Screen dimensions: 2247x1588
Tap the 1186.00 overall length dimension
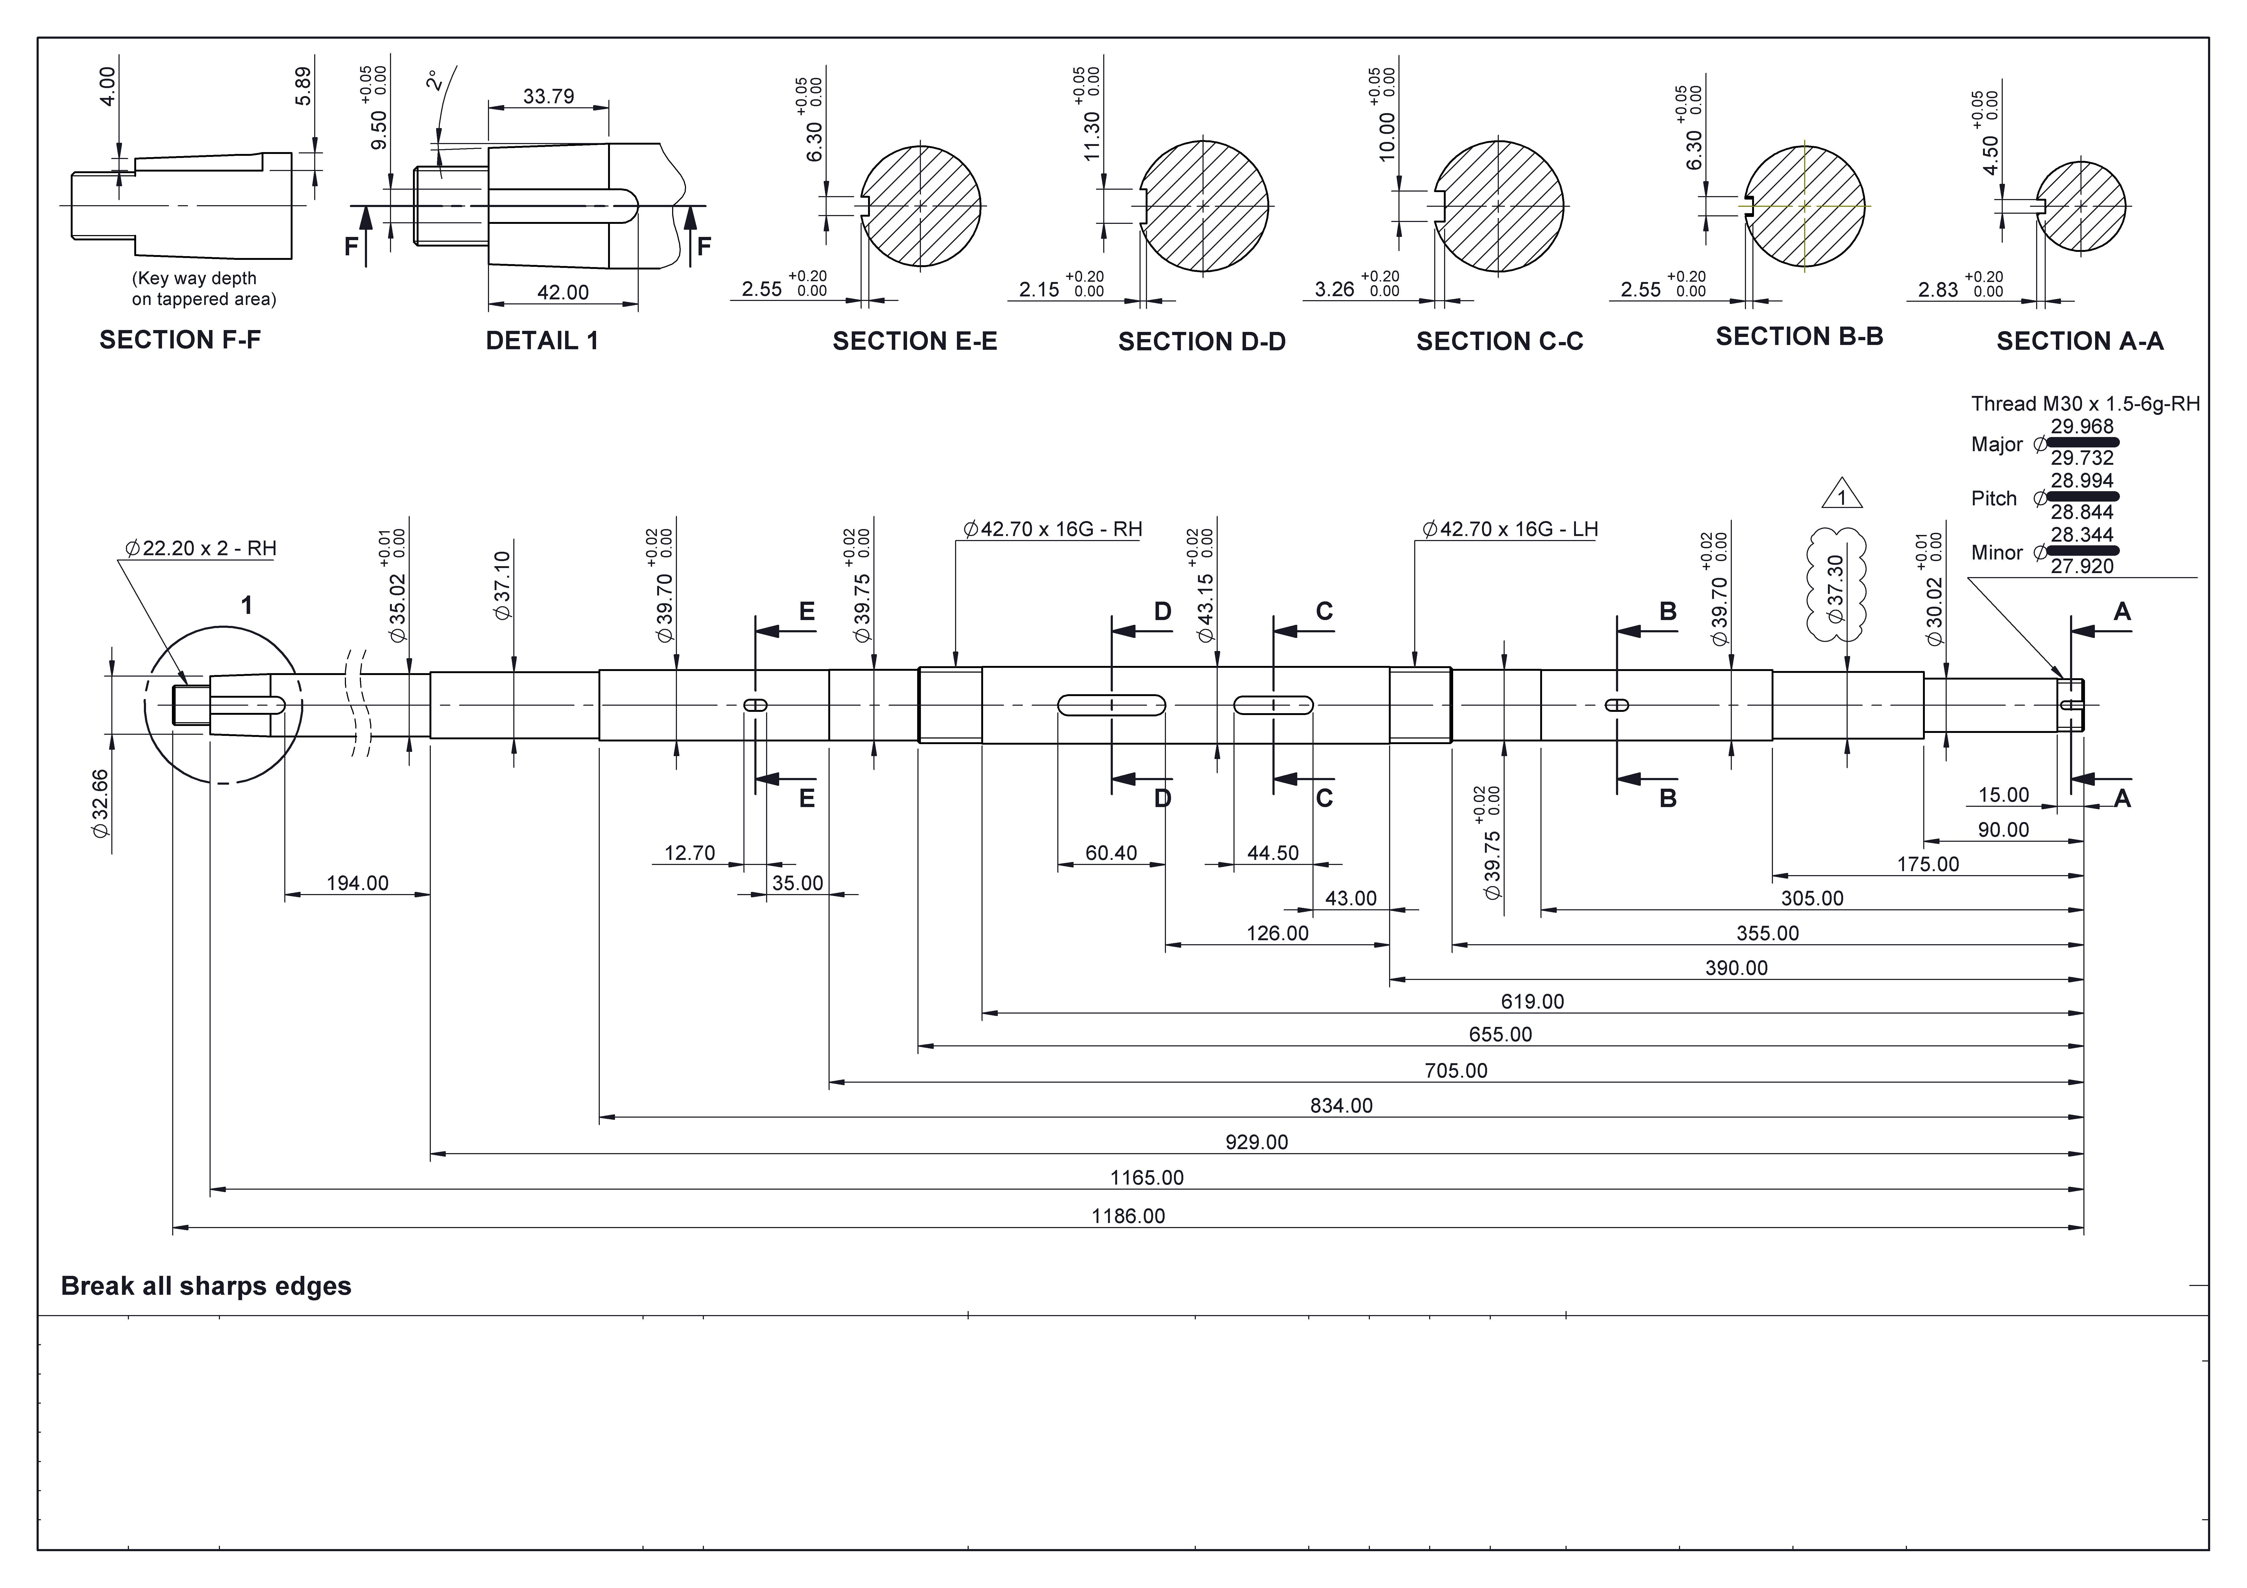[1128, 1216]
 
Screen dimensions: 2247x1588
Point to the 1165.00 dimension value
[1147, 1178]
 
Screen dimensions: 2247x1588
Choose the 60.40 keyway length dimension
[1111, 853]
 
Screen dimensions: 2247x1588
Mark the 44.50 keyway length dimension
[1272, 853]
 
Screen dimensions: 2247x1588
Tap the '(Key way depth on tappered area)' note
[204, 289]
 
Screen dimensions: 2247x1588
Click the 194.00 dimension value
[357, 884]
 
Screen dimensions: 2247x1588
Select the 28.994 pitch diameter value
[2083, 481]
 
